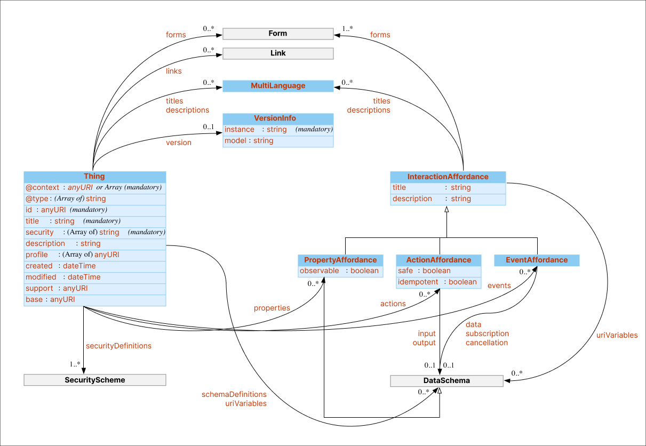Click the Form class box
278,34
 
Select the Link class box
278,53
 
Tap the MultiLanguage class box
278,86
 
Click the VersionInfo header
278,118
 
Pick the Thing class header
94,177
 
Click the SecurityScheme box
94,380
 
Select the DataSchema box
446,381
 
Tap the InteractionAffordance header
448,177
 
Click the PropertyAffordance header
340,260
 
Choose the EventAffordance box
537,260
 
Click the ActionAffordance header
438,260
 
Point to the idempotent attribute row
438,282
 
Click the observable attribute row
340,271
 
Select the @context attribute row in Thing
94,188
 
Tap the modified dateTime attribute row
94,277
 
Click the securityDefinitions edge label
118,346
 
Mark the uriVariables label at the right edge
617,335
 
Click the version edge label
179,142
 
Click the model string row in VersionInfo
278,141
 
